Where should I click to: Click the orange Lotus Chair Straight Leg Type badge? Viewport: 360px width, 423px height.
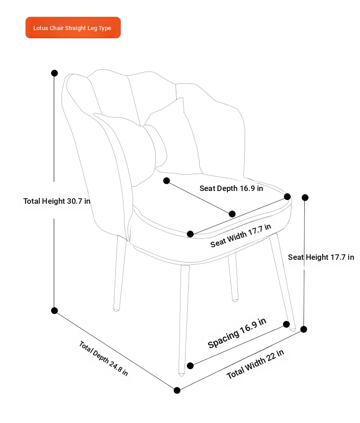[x=73, y=27]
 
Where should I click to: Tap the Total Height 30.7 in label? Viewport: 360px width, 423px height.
[x=57, y=201]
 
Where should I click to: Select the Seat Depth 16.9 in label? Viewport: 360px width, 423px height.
[x=231, y=188]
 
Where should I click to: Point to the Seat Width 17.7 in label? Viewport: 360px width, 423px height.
[x=241, y=236]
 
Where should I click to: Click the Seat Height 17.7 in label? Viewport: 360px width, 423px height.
[x=321, y=257]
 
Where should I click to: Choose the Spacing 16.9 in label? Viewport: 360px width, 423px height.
[x=237, y=333]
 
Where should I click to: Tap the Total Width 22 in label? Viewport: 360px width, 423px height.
[x=255, y=364]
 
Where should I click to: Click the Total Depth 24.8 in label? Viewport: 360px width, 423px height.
[x=103, y=358]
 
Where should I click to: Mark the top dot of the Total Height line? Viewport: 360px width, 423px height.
[x=55, y=73]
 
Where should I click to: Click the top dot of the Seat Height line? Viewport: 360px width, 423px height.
[x=305, y=197]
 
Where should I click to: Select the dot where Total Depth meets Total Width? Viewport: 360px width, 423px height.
[x=177, y=390]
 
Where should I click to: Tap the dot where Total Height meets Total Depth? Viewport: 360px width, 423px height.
[x=55, y=310]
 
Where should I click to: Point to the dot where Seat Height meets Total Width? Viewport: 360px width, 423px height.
[x=303, y=329]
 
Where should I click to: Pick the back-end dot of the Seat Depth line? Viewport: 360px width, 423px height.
[x=167, y=181]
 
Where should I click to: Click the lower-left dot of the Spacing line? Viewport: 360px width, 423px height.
[x=190, y=366]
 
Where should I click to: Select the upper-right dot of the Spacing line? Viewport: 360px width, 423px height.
[x=286, y=324]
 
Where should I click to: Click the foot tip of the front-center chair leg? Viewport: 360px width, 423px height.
[x=181, y=374]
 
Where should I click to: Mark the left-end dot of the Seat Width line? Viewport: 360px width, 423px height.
[x=190, y=234]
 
